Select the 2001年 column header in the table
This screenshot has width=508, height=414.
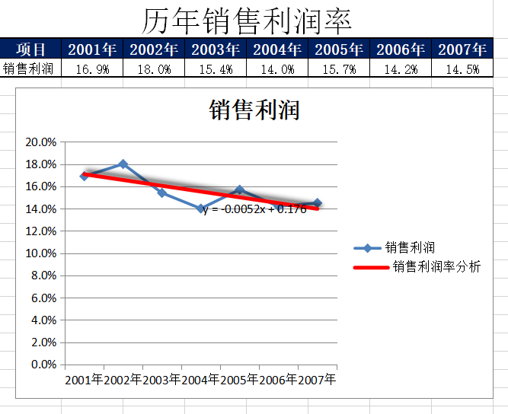[93, 50]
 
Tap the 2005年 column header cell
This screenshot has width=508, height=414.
[339, 50]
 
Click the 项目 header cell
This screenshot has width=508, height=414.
[31, 50]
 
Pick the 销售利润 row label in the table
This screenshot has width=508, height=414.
[28, 68]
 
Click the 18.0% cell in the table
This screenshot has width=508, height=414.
[155, 69]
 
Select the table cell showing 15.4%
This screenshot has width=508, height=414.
[216, 69]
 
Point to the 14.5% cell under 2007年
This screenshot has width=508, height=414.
[462, 69]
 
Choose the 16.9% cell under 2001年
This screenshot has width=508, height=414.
[93, 69]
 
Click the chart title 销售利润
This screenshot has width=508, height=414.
[254, 110]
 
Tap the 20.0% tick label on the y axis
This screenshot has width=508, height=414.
[41, 142]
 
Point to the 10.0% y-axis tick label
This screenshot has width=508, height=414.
[41, 253]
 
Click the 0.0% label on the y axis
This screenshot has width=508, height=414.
[43, 365]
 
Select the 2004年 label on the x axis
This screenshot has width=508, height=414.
[200, 379]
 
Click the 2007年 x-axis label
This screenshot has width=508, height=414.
[317, 379]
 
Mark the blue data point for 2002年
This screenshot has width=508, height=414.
[123, 164]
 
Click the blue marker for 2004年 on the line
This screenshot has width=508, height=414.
[201, 209]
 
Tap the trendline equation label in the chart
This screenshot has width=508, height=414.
[254, 209]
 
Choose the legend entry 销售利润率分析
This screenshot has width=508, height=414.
[436, 266]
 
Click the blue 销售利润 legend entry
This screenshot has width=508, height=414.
[410, 247]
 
